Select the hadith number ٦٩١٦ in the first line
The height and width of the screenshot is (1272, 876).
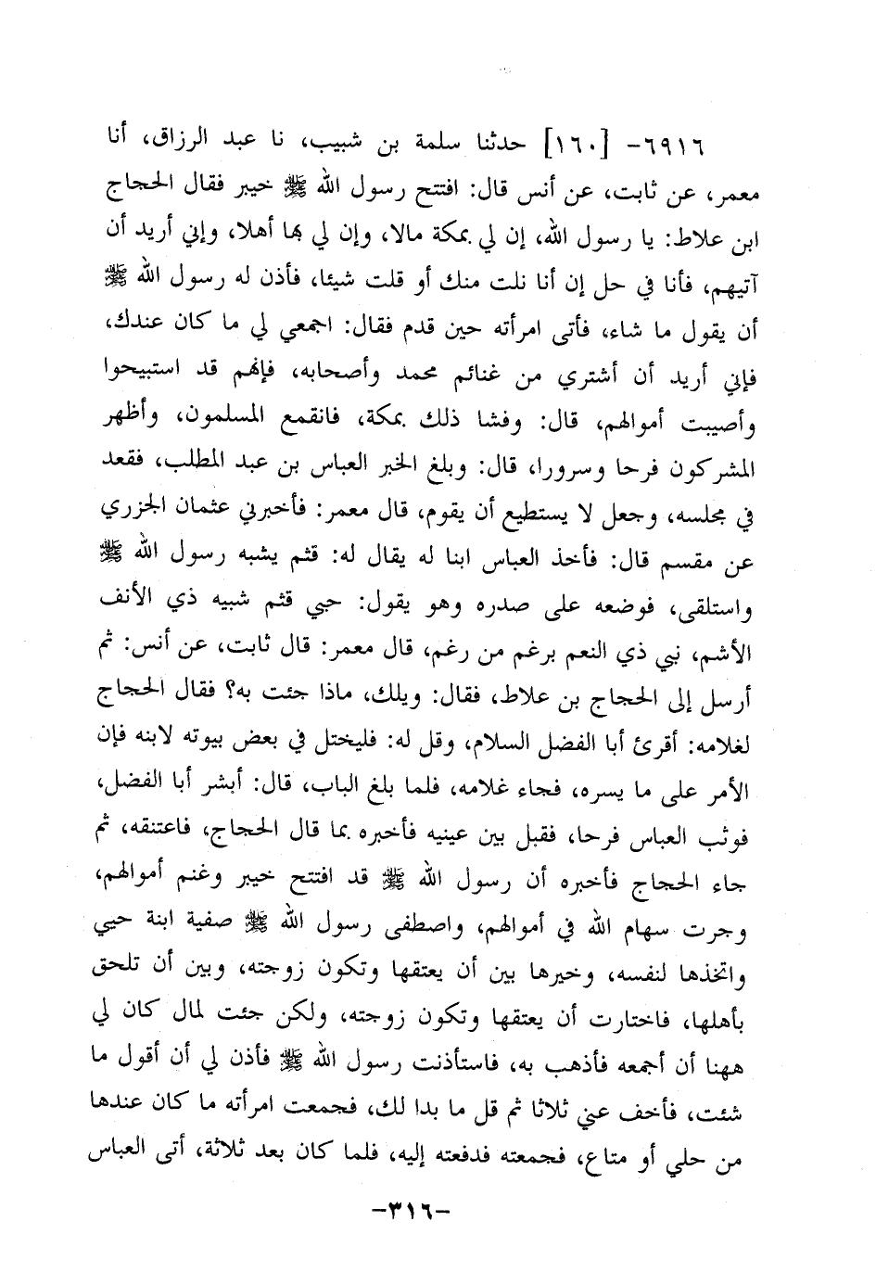(711, 146)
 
